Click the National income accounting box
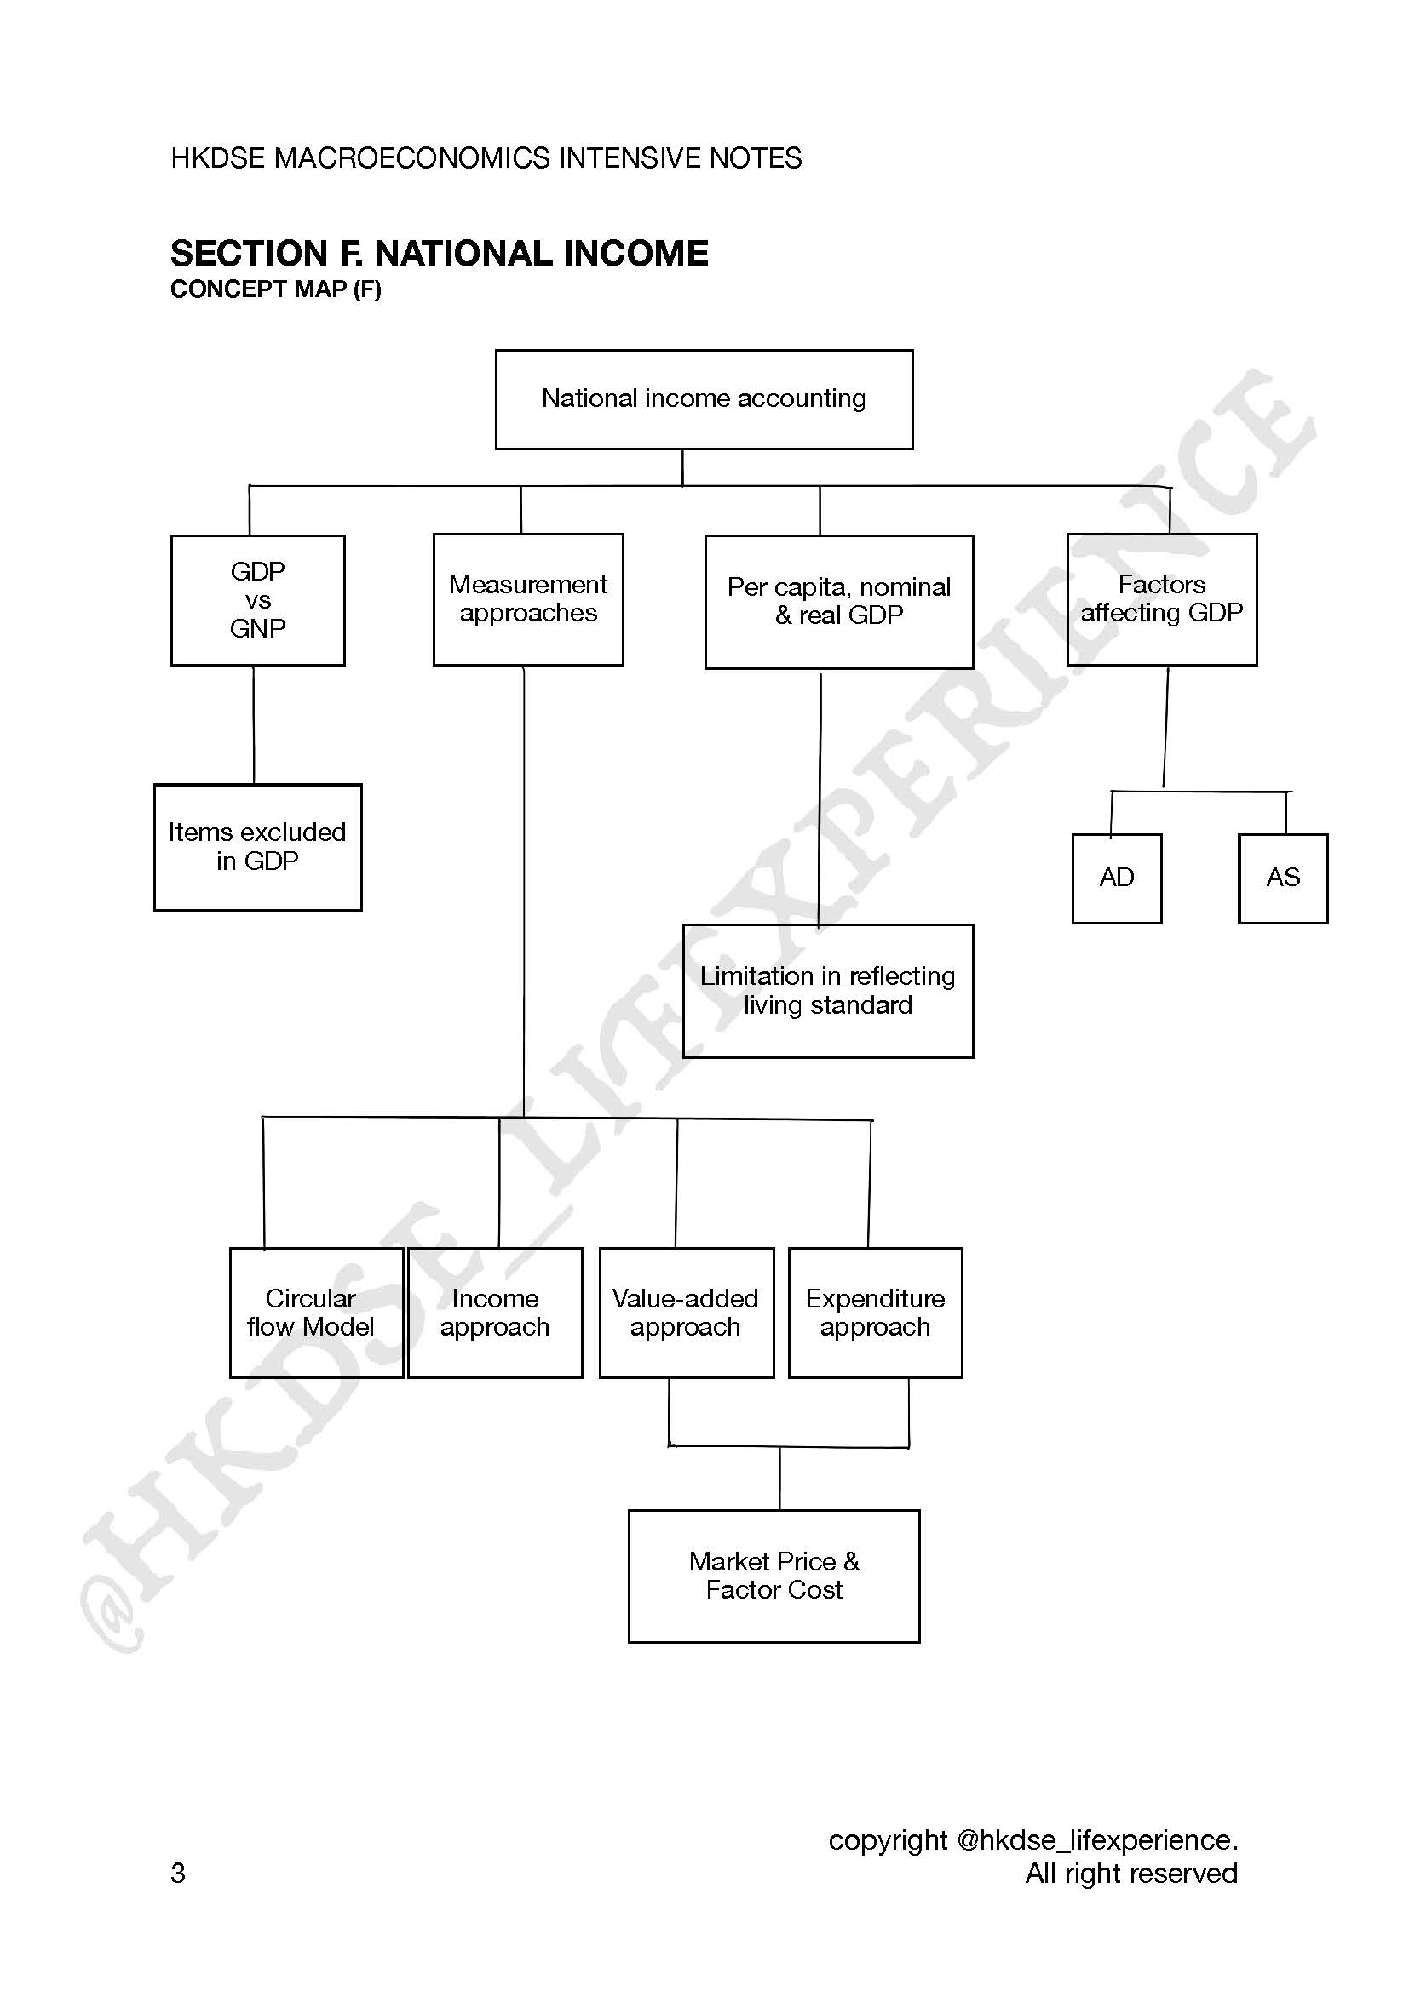pos(704,400)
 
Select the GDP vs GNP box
pos(257,600)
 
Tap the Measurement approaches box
pos(528,599)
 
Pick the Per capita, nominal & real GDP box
pos(839,602)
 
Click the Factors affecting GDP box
pos(1162,599)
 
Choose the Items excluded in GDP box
pos(257,847)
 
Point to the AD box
pos(1117,878)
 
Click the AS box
pos(1283,878)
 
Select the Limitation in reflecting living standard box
pos(828,991)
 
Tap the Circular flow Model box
pos(317,1312)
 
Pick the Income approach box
pos(495,1312)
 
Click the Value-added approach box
pos(687,1312)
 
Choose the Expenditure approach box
pos(876,1312)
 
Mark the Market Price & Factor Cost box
pos(774,1576)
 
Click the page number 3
pos(178,1872)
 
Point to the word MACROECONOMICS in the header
pos(411,157)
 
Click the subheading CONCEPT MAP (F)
pos(276,289)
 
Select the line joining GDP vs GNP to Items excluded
pos(254,725)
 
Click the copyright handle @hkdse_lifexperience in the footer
pos(1096,1839)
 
